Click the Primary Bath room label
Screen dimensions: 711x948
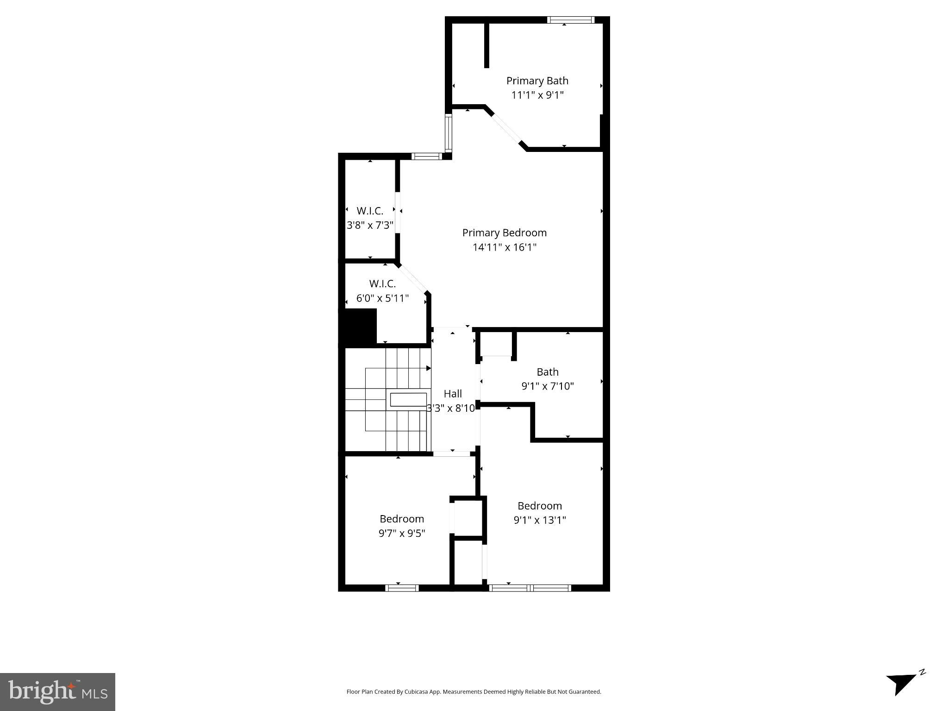point(537,81)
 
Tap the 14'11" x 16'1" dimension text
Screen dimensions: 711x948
point(504,247)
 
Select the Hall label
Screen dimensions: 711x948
point(452,394)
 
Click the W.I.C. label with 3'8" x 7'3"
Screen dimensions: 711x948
point(370,211)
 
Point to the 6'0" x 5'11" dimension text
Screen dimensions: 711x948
point(382,298)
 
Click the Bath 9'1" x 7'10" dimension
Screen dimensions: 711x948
point(547,386)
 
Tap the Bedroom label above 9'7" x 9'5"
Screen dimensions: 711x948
point(402,519)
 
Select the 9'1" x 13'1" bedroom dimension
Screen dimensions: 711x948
point(539,520)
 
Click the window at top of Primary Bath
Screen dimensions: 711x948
point(570,20)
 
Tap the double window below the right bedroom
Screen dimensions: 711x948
point(530,588)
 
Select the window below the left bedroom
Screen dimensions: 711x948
point(402,588)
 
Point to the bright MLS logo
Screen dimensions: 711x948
point(57,692)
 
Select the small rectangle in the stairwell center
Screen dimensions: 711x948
point(408,399)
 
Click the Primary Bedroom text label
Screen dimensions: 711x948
point(504,233)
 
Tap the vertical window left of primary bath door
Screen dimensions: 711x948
point(448,133)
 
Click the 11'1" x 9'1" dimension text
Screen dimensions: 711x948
point(537,95)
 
